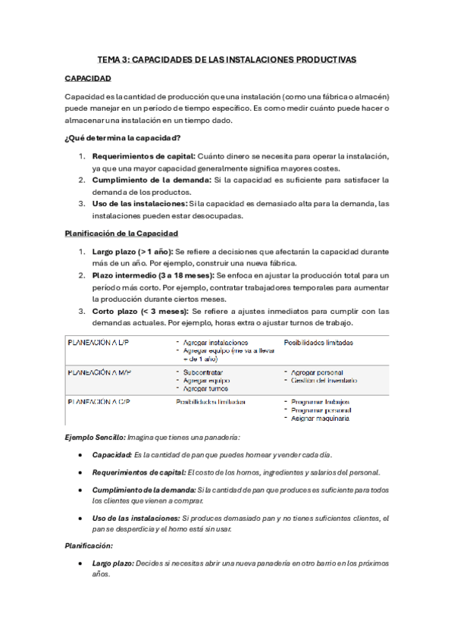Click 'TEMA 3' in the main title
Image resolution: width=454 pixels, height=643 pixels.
tap(114, 59)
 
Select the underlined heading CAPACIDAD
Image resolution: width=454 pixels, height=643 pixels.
tap(88, 79)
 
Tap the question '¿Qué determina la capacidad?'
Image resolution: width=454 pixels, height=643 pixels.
tap(122, 137)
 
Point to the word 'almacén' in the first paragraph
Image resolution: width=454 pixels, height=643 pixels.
tap(367, 98)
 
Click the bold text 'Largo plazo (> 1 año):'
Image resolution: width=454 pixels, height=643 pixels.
tap(133, 251)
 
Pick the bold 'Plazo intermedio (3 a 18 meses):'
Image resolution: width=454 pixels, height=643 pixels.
tap(153, 275)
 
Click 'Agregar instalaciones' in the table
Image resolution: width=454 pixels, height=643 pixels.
tap(215, 343)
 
